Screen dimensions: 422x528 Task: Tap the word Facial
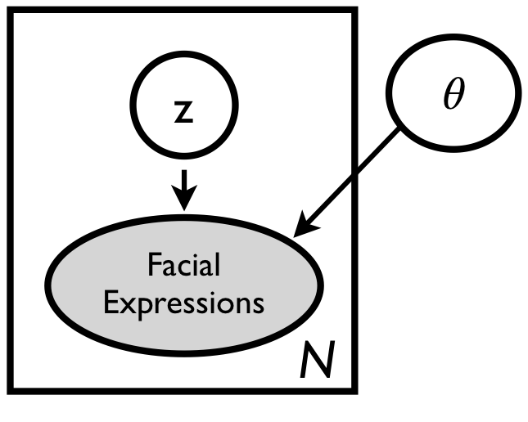pos(184,265)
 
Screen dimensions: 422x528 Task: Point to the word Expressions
pos(186,303)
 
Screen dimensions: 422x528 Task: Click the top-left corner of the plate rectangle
pos(11,11)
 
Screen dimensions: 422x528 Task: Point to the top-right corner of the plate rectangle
pos(355,11)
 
